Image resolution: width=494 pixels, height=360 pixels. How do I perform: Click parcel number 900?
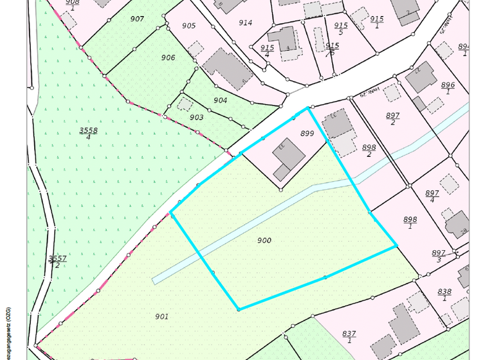point(264,240)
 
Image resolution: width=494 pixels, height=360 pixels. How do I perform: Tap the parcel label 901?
point(161,316)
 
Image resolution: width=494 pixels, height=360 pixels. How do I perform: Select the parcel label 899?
point(307,134)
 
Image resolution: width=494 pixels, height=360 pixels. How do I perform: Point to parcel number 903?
point(196,117)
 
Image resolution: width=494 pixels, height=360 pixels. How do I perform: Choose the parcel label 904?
point(220,100)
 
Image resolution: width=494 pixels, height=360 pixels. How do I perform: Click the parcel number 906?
point(168,58)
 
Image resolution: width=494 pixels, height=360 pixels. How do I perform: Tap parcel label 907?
point(136,19)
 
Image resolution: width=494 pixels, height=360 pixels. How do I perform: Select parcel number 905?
point(188,26)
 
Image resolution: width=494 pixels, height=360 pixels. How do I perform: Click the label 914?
point(245,22)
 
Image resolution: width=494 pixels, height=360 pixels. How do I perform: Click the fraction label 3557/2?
point(57,262)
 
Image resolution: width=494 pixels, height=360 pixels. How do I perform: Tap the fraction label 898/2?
point(369,150)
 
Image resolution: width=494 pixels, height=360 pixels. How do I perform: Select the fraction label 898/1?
point(410,222)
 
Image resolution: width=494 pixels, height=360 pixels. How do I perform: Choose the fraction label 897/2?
point(393,118)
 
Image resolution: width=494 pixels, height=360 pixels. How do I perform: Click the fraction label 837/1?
point(349,336)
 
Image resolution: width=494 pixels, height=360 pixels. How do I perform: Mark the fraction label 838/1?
point(444,294)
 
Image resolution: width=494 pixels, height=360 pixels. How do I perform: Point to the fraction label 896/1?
point(448,88)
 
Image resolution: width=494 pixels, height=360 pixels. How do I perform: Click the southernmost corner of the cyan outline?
point(239,309)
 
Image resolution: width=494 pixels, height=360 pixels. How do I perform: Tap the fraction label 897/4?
point(432,196)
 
